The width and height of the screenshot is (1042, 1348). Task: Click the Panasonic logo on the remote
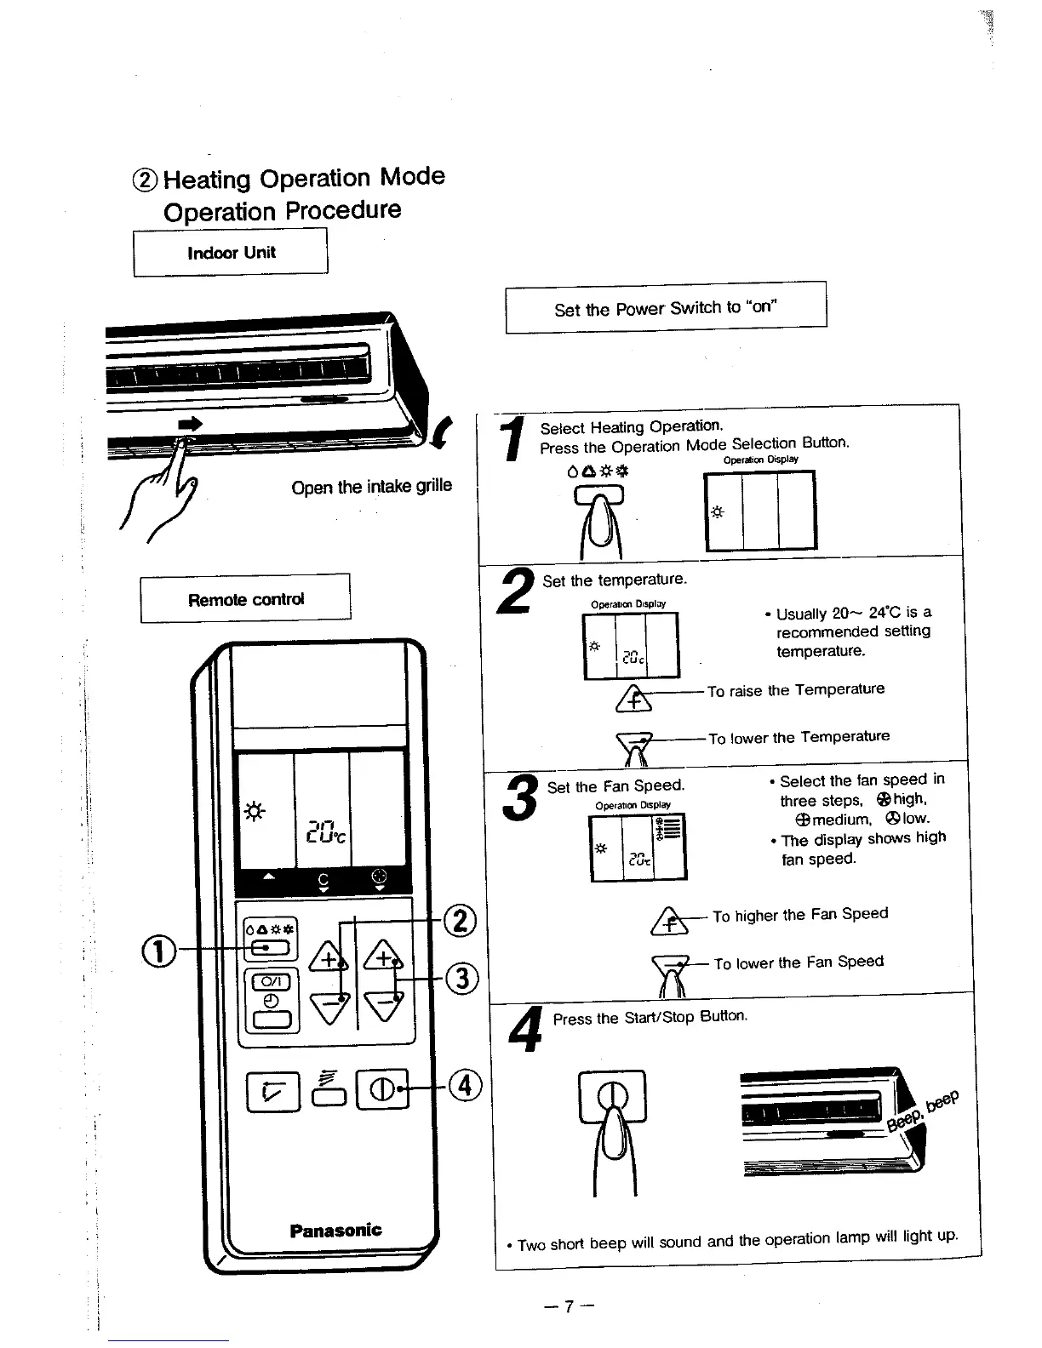point(335,1230)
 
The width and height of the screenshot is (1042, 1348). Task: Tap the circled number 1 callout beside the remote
point(164,949)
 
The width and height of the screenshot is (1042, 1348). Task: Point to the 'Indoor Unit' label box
point(231,253)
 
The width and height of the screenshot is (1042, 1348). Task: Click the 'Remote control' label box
point(245,599)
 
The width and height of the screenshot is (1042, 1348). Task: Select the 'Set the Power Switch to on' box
point(665,307)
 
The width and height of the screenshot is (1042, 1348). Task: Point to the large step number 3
point(520,798)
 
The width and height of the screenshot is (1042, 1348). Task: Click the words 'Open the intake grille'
point(371,487)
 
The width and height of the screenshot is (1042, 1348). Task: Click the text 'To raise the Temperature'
point(795,689)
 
